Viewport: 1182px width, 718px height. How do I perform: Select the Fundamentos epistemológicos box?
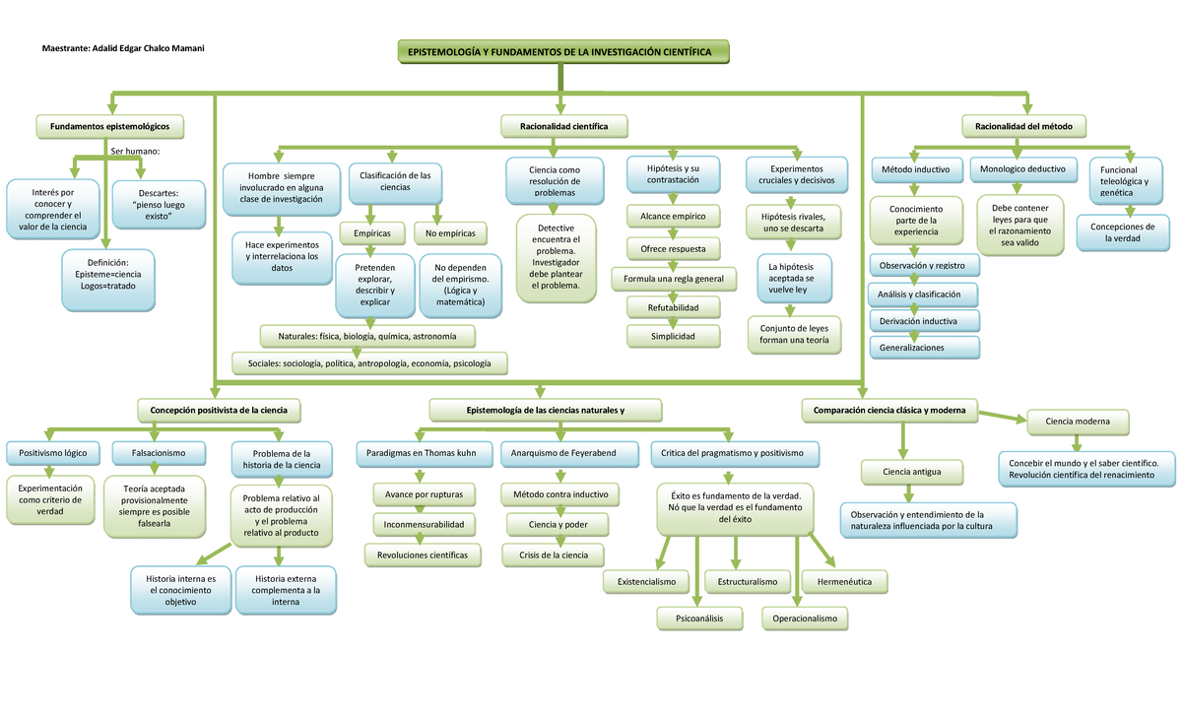click(x=110, y=126)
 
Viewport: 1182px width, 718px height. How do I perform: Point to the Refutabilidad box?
click(x=673, y=308)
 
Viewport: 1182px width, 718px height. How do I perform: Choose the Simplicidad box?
click(x=673, y=337)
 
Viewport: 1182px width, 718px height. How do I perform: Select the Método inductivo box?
click(x=917, y=169)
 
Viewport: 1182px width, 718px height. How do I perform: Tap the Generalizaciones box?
click(x=924, y=348)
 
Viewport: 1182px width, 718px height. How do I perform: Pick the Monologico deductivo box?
click(x=1022, y=169)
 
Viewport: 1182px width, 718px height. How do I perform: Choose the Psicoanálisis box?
click(x=698, y=619)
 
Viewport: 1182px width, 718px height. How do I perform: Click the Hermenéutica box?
click(x=844, y=582)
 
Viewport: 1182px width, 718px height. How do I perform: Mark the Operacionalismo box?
click(x=805, y=619)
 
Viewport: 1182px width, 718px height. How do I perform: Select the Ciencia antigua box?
click(x=912, y=473)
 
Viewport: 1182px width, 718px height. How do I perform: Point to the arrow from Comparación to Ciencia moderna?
click(x=1003, y=417)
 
